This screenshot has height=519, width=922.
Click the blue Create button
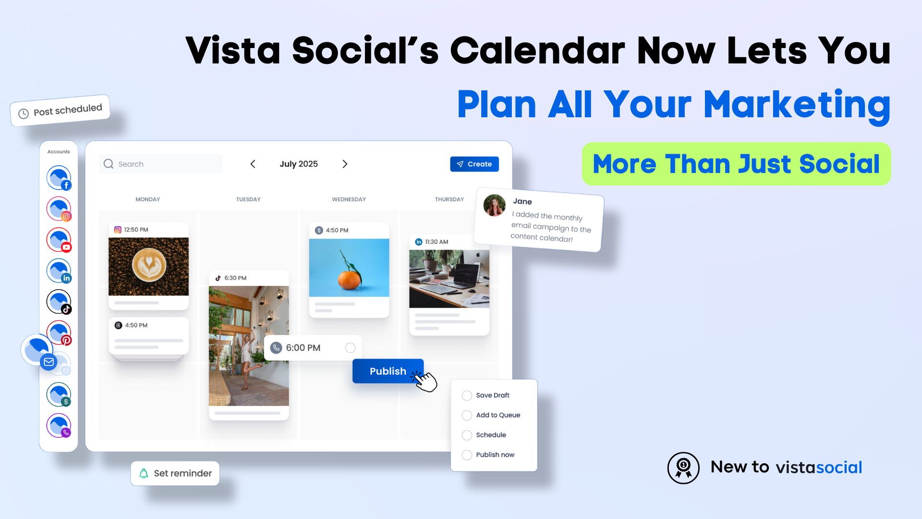[474, 164]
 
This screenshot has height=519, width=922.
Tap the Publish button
[388, 371]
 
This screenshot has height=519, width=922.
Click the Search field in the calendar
[160, 164]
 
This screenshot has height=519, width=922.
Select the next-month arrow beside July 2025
[345, 164]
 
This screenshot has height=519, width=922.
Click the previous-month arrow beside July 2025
[253, 164]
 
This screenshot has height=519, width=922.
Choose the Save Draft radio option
[467, 395]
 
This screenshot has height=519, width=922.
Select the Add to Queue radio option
[467, 415]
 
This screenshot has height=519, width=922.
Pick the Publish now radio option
[467, 455]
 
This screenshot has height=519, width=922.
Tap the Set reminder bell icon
[144, 473]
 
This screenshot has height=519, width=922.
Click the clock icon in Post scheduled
[24, 114]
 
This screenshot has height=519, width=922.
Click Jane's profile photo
[494, 205]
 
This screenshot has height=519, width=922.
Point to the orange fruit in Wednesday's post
[350, 279]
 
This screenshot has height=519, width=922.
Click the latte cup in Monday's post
[149, 265]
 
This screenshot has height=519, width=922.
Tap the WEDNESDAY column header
[349, 199]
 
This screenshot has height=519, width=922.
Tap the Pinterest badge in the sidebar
[66, 340]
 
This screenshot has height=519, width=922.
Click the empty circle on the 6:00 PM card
[350, 348]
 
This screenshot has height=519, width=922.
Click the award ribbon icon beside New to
[683, 468]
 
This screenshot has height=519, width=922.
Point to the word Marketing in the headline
[797, 105]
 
